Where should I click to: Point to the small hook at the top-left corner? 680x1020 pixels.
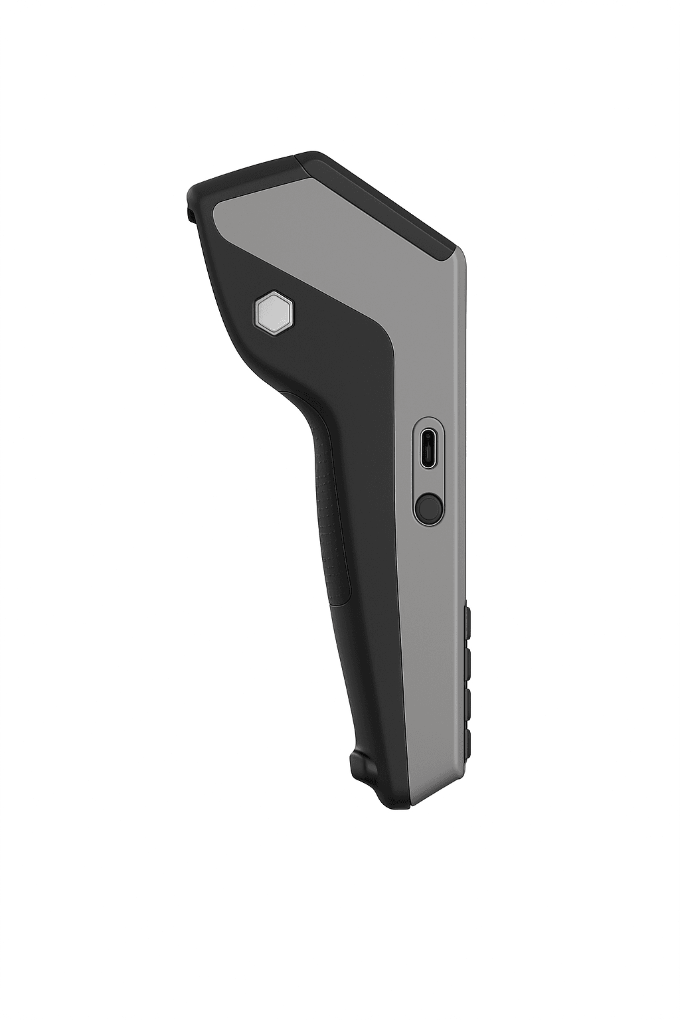tap(190, 213)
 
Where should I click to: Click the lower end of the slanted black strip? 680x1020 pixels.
tap(452, 252)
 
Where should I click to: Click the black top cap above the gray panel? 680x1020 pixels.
tap(246, 176)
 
